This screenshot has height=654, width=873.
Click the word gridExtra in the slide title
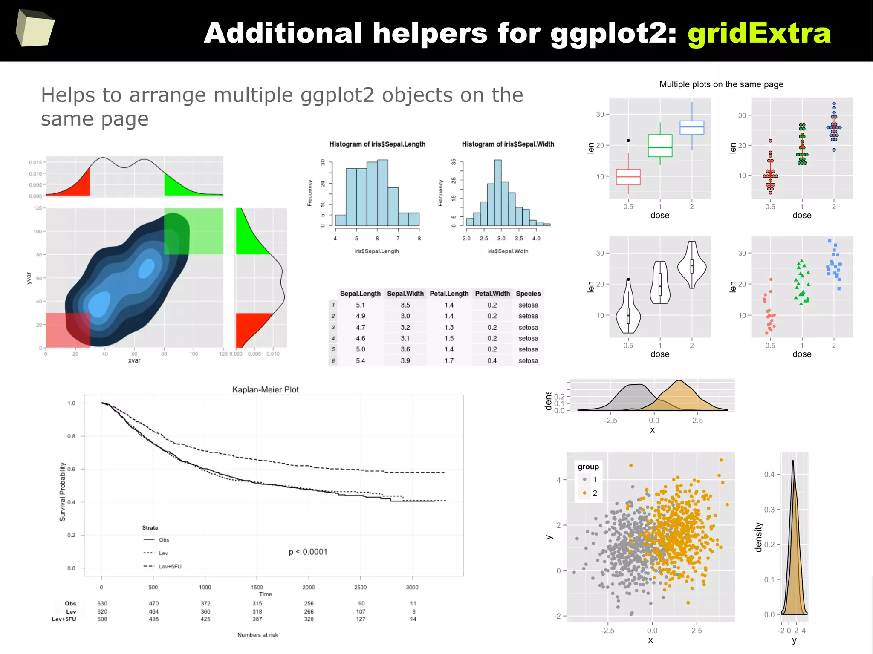tap(759, 33)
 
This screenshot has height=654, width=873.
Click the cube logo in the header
tap(35, 28)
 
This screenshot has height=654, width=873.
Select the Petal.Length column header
tap(449, 294)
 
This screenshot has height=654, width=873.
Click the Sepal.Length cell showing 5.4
tap(360, 360)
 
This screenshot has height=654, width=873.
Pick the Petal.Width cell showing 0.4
tap(492, 360)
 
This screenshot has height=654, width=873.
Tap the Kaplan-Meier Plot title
tap(265, 389)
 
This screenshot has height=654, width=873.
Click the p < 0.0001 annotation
tap(308, 552)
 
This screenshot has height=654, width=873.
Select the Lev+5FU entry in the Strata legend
tap(170, 566)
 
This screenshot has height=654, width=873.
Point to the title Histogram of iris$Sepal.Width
tap(508, 144)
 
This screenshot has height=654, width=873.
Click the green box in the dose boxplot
tap(660, 146)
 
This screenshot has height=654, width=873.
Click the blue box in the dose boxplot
tap(691, 127)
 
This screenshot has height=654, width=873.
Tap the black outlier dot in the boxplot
tap(628, 141)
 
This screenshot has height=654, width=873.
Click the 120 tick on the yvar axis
tap(38, 208)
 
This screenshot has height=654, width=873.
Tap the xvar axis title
tap(134, 360)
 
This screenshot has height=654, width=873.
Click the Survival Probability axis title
tap(63, 492)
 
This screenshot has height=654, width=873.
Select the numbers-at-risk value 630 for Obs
tap(102, 603)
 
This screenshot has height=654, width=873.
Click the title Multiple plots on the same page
tap(721, 84)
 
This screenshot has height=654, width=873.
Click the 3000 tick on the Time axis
tap(412, 587)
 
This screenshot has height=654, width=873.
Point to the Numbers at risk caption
tap(257, 635)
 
